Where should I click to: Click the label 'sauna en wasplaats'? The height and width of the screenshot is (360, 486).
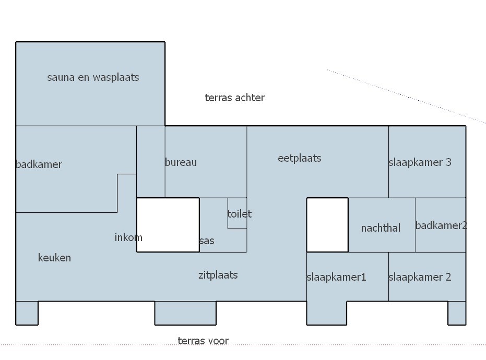pos(93,77)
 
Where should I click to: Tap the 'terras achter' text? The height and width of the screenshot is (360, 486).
pos(234,98)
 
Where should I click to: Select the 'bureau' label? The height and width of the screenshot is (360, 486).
pos(181,162)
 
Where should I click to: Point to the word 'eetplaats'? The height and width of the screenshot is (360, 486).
pos(300,158)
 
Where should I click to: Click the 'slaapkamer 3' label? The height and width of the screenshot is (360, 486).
pos(420,162)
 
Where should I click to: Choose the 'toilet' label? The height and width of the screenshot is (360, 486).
pos(239,214)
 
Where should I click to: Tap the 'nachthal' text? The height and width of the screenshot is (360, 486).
pos(381,228)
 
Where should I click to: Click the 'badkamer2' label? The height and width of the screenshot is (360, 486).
pos(441,225)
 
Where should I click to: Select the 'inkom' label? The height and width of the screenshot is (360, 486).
pos(128,237)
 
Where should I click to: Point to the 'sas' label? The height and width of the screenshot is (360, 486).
pos(207,241)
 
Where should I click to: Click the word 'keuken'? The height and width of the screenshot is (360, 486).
pos(54,257)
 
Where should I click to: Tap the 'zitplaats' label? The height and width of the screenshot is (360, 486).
pos(218,275)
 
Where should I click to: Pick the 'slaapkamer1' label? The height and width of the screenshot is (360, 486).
pos(336,277)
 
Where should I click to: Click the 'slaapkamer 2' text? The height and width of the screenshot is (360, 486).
pos(420,277)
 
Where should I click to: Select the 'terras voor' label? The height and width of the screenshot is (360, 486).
pos(203,341)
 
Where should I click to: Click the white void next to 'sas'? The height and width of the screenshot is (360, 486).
pos(168,225)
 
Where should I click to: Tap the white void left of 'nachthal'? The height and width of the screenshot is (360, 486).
pos(327,225)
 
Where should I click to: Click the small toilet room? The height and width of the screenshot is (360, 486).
pos(237,213)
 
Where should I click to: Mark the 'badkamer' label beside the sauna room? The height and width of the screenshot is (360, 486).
pos(39,164)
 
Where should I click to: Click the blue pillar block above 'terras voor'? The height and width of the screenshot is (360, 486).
pos(185,313)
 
